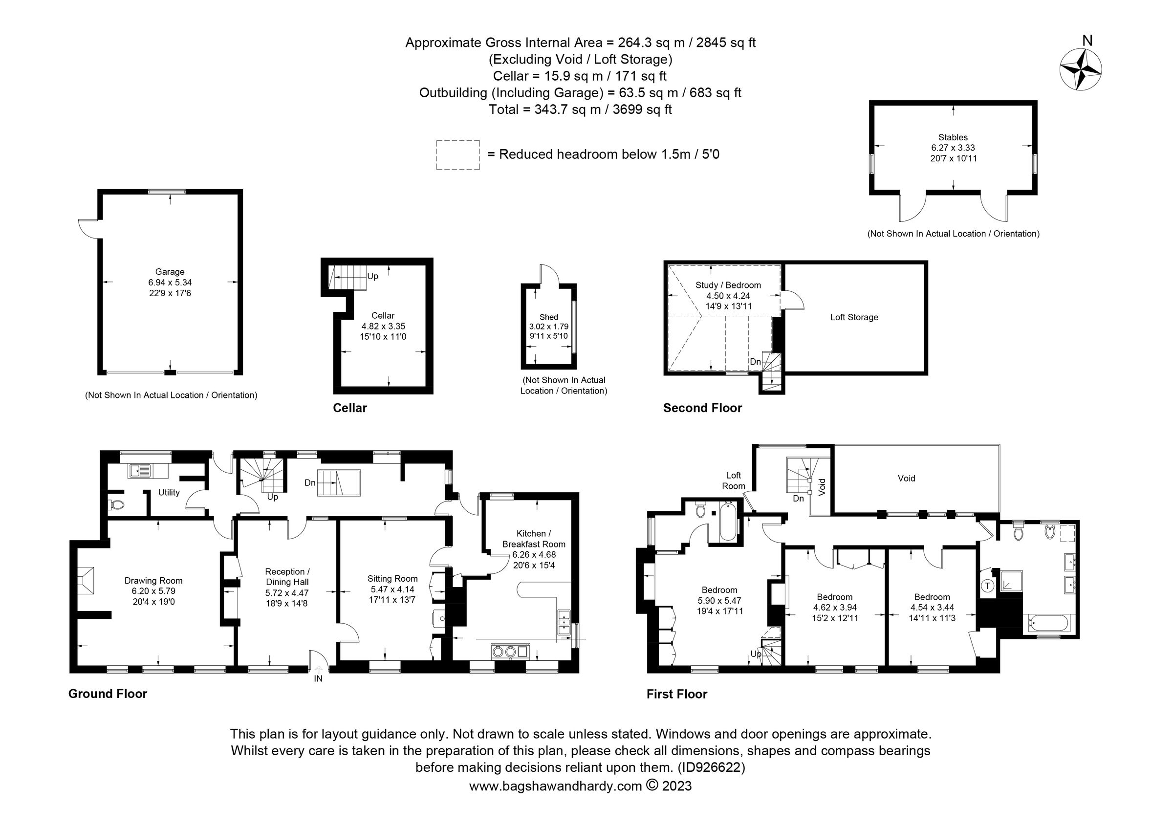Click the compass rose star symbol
point(1081,69)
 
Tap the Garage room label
point(170,272)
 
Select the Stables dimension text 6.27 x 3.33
point(953,148)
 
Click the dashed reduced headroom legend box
point(457,155)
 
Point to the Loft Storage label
point(854,317)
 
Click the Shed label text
point(548,317)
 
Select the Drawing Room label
point(153,580)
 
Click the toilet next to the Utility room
point(117,505)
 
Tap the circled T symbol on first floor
point(988,586)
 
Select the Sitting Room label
point(392,578)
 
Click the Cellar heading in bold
point(349,408)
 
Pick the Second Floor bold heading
point(702,408)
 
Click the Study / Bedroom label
point(728,285)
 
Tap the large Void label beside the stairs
point(906,478)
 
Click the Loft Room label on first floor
point(733,480)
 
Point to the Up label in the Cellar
point(372,276)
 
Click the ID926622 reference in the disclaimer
point(711,767)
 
